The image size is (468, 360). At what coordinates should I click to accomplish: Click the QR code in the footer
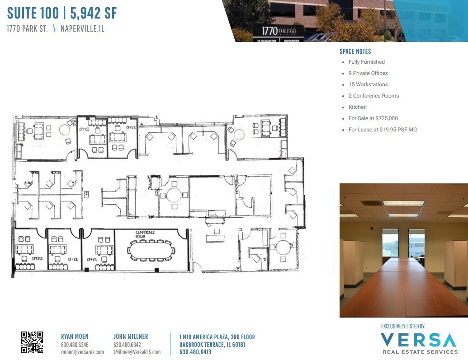click(x=32, y=342)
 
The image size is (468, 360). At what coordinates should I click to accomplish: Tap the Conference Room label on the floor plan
click(x=146, y=234)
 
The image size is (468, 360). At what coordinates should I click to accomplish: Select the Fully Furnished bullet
click(x=366, y=62)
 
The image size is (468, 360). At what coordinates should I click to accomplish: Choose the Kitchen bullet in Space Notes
click(x=357, y=107)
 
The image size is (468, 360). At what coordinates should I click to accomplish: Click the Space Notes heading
click(x=355, y=51)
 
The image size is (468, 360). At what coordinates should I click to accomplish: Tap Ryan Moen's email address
click(x=82, y=352)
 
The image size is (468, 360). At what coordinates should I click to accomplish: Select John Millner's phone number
click(x=127, y=345)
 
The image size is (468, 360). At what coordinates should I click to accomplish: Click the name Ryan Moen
click(x=75, y=337)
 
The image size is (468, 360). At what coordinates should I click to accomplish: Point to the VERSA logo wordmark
click(x=418, y=340)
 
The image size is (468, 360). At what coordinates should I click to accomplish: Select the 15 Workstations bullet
click(x=368, y=84)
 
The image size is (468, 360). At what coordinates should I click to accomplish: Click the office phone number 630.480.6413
click(x=195, y=352)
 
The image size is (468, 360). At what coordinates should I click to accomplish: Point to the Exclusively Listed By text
click(x=403, y=326)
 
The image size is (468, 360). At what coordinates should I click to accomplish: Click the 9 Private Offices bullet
click(x=368, y=73)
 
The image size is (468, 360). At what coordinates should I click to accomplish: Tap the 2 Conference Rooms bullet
click(x=373, y=96)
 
